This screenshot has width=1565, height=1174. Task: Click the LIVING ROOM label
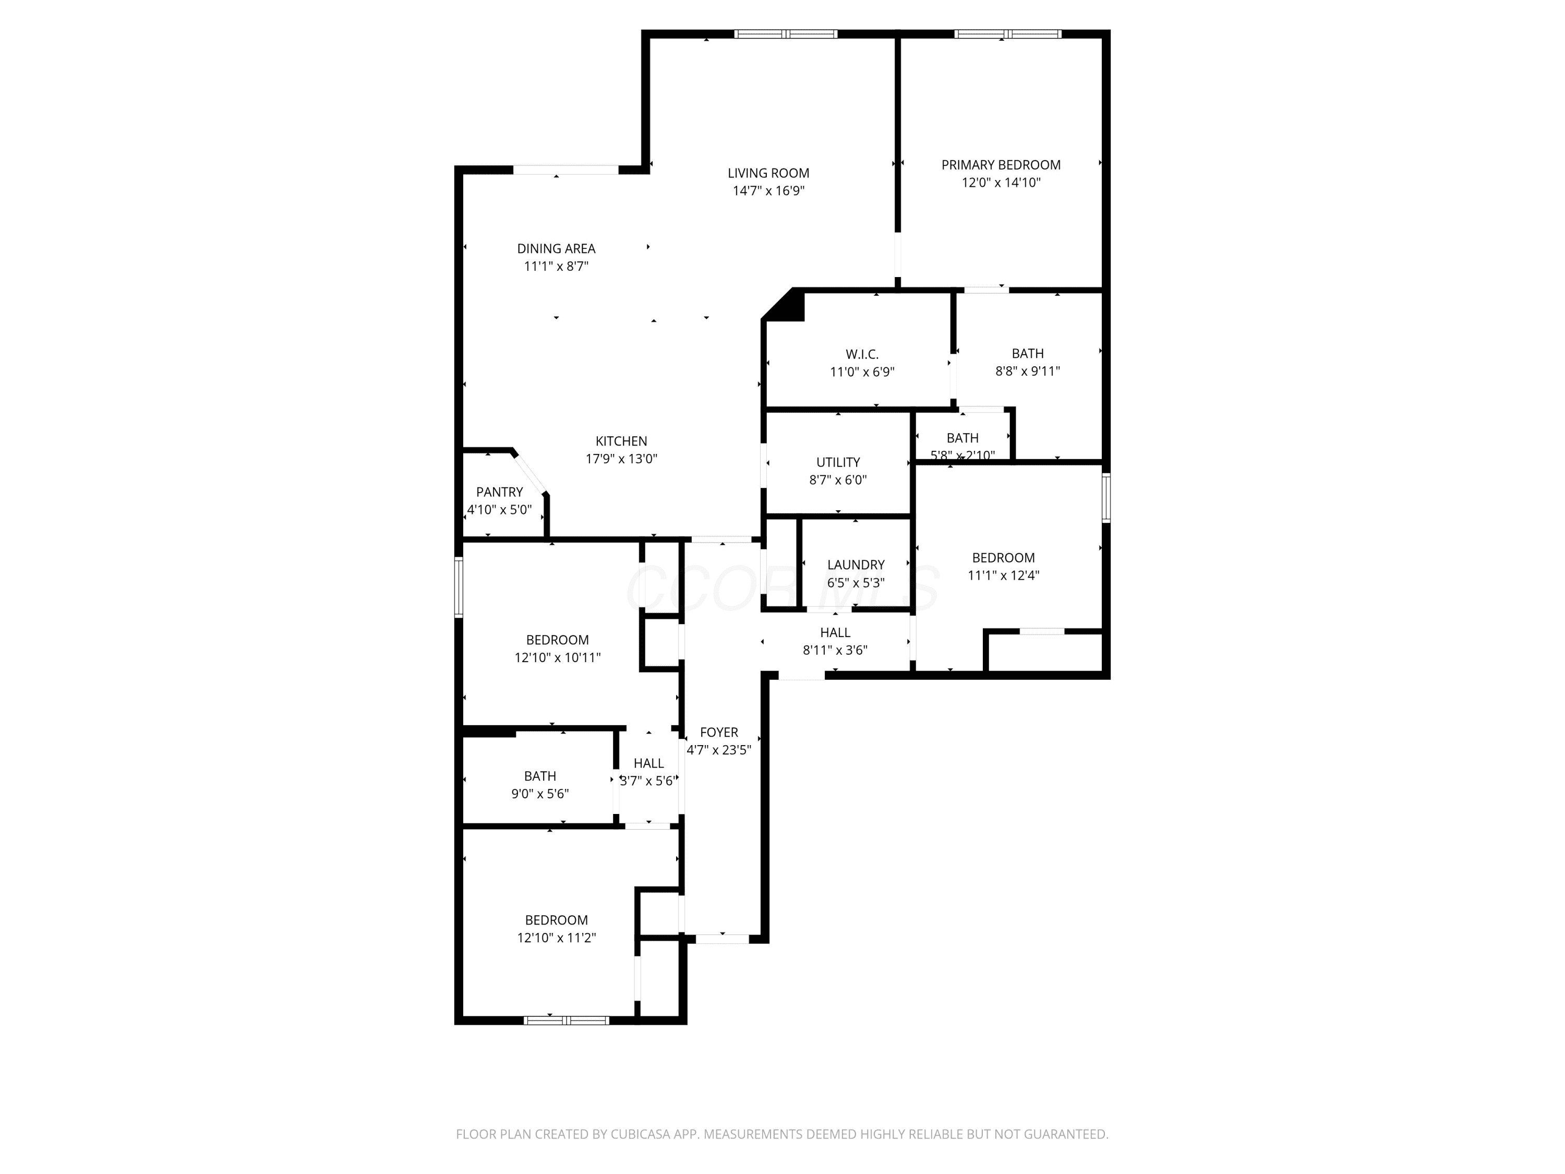point(768,173)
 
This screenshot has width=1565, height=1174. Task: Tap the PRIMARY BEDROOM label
point(1001,165)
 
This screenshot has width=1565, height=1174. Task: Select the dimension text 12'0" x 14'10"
point(1001,183)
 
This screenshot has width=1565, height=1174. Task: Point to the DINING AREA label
point(556,248)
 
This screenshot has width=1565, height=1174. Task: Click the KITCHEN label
point(621,441)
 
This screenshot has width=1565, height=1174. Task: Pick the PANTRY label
point(500,492)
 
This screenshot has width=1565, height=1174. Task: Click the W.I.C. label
point(862,354)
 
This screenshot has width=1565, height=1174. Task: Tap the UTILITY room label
point(838,462)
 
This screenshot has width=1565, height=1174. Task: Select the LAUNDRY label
point(856,565)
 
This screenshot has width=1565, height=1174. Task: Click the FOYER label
point(719,733)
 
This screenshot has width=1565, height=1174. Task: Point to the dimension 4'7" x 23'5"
point(719,750)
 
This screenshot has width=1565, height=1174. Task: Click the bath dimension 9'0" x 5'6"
point(540,794)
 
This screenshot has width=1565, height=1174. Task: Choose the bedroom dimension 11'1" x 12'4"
point(1003,576)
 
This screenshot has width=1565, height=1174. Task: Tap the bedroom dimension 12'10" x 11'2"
point(556,938)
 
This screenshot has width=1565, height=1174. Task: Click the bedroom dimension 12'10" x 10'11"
point(558,657)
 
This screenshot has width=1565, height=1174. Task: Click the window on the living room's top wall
point(785,34)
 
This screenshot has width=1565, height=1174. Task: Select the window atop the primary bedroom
point(1007,34)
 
